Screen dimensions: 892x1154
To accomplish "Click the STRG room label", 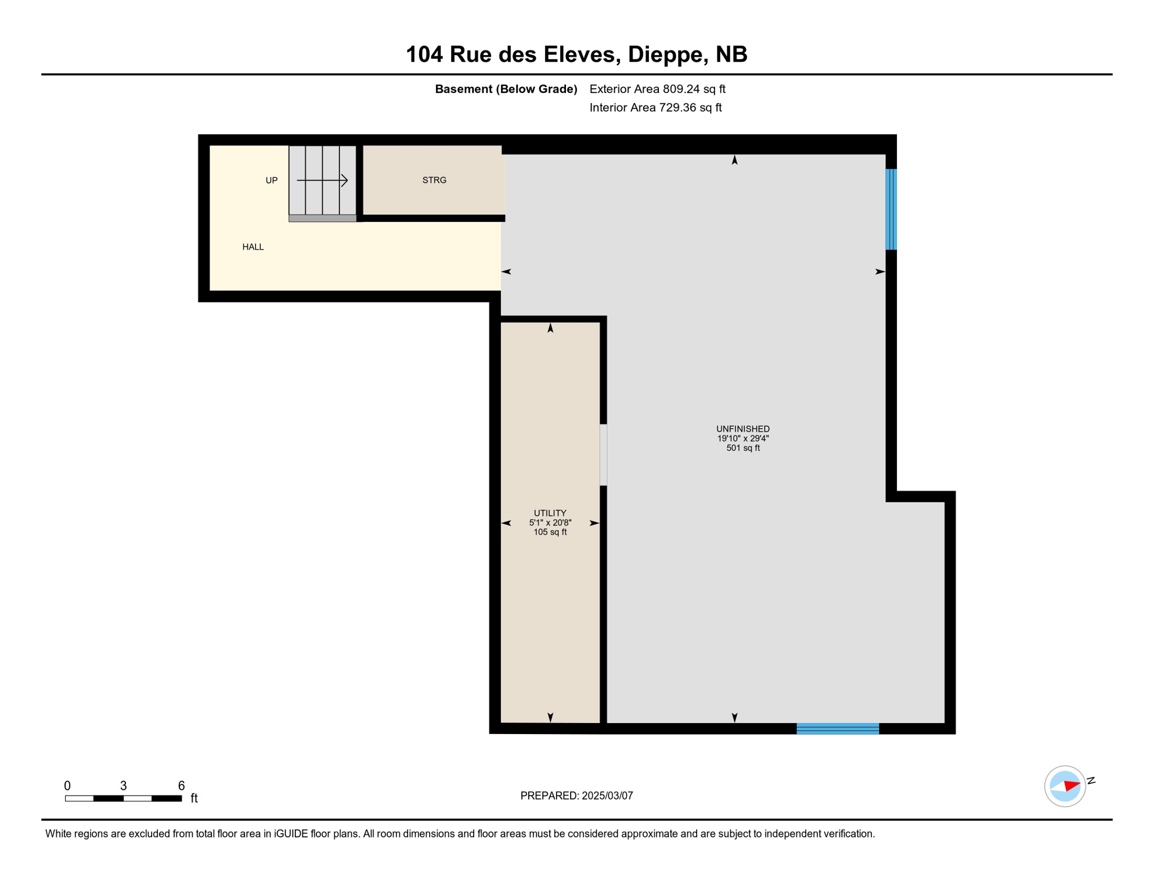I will click(434, 180).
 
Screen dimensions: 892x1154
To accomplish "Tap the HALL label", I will click(253, 247).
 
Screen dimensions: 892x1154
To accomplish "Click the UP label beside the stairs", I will click(272, 181).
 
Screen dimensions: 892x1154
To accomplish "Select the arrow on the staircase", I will click(323, 181).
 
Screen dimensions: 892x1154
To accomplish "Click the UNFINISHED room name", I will click(742, 429).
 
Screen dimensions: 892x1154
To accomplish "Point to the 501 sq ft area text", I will click(742, 448).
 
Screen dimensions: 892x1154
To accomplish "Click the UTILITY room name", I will click(550, 513).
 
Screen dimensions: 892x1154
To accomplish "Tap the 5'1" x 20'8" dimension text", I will click(550, 523).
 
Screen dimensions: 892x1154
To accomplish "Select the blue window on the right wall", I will click(891, 209).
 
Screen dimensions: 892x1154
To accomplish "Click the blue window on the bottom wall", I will click(837, 729).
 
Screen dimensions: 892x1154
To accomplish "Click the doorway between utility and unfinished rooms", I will click(603, 455).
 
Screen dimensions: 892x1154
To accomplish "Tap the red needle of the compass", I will click(1072, 786).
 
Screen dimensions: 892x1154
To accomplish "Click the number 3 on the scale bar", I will click(123, 786).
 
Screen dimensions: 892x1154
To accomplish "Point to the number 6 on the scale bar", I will click(181, 786).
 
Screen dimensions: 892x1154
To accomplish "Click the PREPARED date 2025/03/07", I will click(607, 796).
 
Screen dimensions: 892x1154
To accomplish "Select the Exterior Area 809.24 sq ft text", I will click(657, 89).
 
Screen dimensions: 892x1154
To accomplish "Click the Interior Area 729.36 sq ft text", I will click(655, 107).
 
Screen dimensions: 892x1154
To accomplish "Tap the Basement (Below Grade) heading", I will click(506, 89).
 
